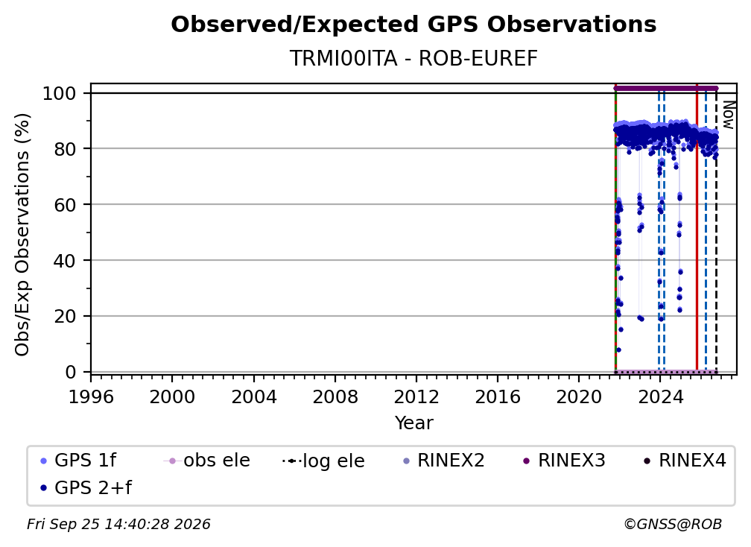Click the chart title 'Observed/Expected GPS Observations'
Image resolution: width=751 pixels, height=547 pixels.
[413, 25]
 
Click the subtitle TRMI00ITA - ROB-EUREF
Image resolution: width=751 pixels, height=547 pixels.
[413, 58]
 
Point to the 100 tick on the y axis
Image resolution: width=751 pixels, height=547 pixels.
[60, 93]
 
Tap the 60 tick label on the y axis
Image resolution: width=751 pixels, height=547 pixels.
[65, 204]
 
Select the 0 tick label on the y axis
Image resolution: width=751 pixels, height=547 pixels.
[71, 372]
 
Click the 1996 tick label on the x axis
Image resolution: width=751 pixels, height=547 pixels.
[91, 397]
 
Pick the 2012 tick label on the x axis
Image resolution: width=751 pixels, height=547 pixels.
[416, 397]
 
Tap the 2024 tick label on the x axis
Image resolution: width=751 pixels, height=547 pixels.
[660, 397]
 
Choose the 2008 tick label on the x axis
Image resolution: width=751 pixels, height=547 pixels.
[335, 397]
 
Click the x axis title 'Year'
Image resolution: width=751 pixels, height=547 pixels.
[413, 423]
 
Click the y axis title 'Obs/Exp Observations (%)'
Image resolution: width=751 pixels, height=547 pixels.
[22, 235]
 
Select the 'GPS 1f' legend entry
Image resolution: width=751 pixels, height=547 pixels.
[78, 461]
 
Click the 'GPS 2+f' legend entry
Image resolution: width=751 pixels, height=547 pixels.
[85, 488]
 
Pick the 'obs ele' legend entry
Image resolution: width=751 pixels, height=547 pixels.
[206, 461]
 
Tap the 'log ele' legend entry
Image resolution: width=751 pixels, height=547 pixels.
[323, 461]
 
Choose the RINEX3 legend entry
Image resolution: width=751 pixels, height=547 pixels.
[564, 461]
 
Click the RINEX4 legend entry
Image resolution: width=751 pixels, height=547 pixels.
[685, 461]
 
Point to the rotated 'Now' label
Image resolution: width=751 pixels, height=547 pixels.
[728, 115]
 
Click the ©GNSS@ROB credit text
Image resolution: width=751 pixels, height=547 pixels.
[673, 525]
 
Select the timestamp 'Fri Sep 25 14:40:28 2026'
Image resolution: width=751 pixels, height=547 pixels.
[118, 525]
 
